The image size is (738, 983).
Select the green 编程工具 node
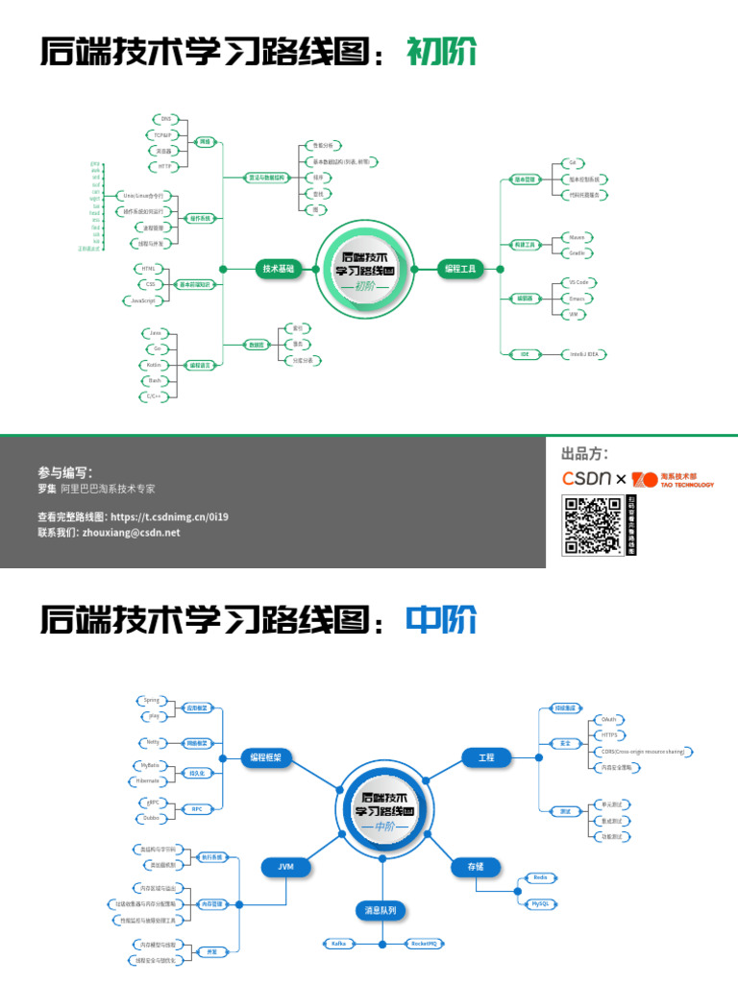tap(459, 270)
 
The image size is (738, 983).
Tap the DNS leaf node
tap(166, 118)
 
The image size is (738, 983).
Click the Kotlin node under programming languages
tap(154, 365)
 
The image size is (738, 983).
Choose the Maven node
tap(577, 236)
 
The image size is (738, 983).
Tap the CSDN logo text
tap(587, 478)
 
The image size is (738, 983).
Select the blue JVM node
tap(285, 867)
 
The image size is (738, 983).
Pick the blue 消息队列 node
tap(381, 910)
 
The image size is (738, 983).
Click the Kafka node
tap(338, 945)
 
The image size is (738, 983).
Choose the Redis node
tap(540, 877)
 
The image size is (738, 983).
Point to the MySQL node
tap(540, 903)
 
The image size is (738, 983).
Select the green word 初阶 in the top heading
tap(442, 52)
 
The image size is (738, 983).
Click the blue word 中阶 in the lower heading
tap(441, 621)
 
